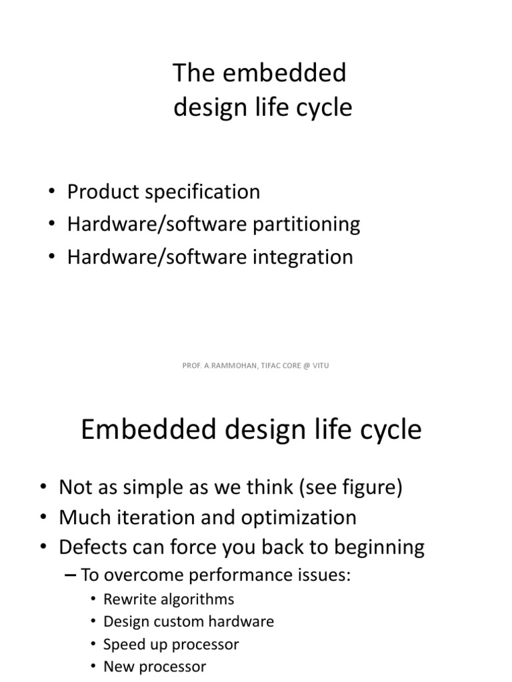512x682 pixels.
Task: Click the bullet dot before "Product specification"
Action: [53, 192]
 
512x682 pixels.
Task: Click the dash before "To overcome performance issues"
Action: [73, 575]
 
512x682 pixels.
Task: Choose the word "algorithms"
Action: [199, 599]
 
